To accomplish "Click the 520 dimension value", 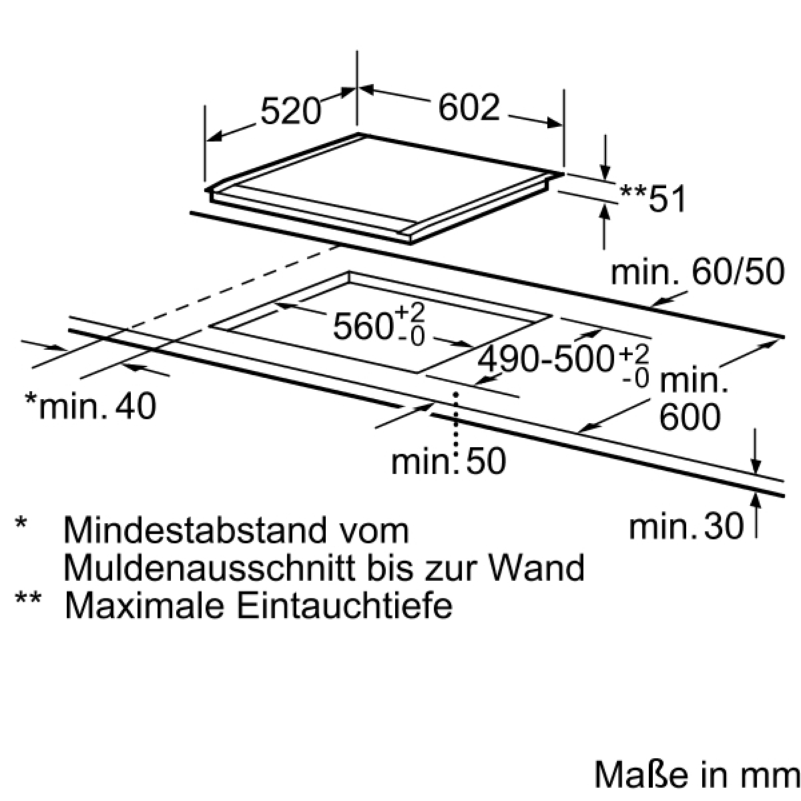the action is coord(291,111).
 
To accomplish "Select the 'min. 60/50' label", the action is coord(698,272).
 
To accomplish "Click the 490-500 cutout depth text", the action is coord(546,359).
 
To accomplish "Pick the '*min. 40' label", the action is coord(91,405).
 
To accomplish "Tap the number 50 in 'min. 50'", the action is coord(485,461).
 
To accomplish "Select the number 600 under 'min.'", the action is coord(690,417).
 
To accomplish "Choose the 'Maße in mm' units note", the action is coord(697,775).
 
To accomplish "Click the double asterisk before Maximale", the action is coord(28,599).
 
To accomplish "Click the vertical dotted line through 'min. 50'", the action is coord(457,433).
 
